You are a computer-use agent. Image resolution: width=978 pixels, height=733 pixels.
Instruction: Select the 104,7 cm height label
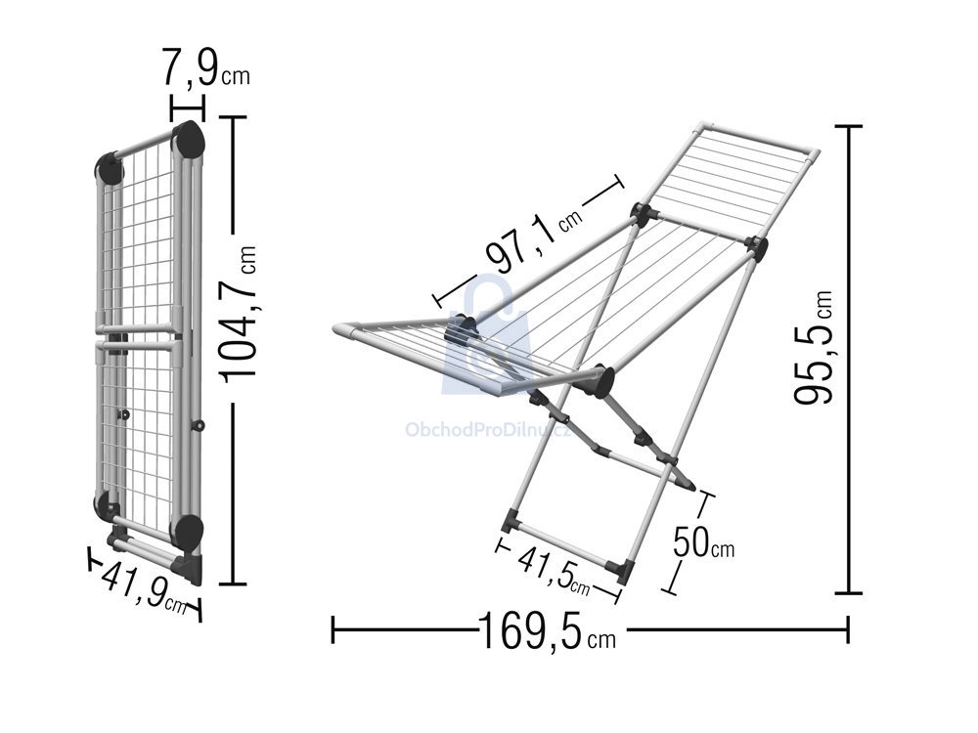(x=238, y=313)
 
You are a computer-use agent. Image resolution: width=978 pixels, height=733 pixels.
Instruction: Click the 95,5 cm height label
(x=814, y=347)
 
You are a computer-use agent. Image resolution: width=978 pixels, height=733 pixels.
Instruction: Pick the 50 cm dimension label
(x=703, y=542)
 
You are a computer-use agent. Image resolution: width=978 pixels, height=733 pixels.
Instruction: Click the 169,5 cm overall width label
(x=548, y=630)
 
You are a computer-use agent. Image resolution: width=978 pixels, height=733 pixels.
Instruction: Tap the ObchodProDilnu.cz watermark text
(x=488, y=429)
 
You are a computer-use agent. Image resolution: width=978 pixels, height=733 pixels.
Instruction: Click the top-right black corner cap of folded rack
(x=190, y=141)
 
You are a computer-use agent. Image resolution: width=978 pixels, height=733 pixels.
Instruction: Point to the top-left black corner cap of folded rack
(x=110, y=168)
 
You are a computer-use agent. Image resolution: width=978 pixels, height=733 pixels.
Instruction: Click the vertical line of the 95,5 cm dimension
(x=848, y=360)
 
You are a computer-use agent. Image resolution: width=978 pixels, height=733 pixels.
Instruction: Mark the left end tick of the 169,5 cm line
(x=333, y=629)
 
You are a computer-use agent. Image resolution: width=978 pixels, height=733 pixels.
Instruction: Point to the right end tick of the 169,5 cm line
(x=847, y=629)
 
